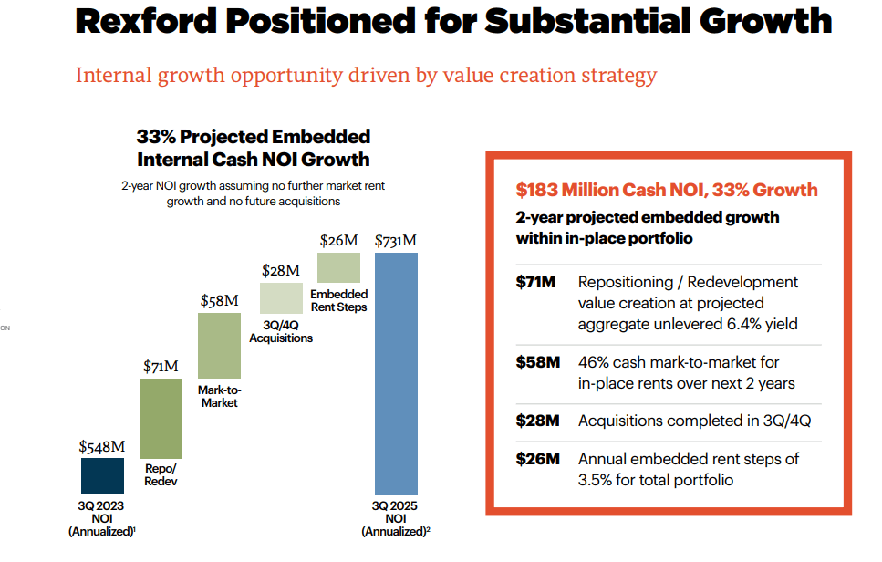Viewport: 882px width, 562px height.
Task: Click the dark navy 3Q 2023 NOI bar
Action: (x=102, y=476)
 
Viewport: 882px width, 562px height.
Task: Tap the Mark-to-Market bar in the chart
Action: (x=219, y=346)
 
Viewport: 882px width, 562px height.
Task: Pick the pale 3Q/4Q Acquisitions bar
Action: (x=281, y=298)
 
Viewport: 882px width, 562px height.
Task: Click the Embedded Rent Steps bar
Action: (x=338, y=267)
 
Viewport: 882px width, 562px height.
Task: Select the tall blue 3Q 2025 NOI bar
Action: (x=396, y=374)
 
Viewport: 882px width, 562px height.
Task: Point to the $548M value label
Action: (x=101, y=446)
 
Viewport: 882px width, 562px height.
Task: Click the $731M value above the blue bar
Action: (x=396, y=241)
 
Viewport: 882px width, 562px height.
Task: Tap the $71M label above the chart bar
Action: (x=161, y=367)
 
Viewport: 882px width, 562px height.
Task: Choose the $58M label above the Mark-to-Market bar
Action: (x=219, y=301)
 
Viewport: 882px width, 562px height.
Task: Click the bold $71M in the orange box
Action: (x=535, y=283)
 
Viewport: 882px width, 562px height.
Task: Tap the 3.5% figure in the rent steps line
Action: (x=597, y=479)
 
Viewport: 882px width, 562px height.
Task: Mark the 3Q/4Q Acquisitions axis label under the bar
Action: (x=281, y=332)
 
